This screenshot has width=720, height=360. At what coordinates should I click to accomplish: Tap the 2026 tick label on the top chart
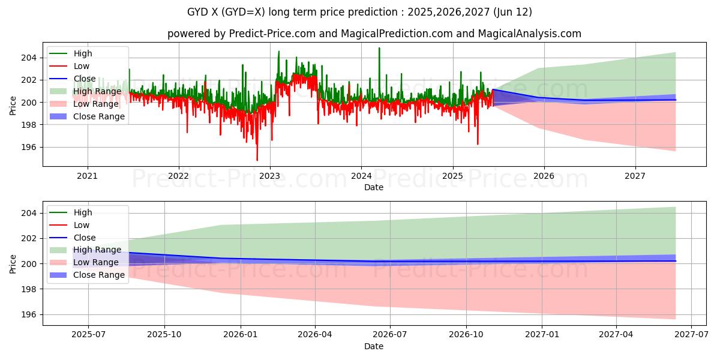click(x=544, y=176)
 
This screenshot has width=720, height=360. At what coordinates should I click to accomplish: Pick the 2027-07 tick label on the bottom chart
click(x=691, y=335)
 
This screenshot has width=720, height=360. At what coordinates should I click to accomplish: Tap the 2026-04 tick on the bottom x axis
click(x=315, y=335)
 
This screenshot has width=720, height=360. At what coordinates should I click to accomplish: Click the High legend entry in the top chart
click(x=82, y=53)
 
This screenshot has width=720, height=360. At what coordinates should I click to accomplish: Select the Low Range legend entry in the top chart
click(x=95, y=104)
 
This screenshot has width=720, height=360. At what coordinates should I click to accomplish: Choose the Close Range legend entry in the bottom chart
click(x=98, y=275)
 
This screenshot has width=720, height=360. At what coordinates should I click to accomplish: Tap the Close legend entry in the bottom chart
click(x=84, y=238)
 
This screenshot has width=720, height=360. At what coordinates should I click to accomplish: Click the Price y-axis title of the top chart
click(x=13, y=106)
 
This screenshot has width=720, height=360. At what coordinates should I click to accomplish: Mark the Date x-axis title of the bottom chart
click(x=373, y=346)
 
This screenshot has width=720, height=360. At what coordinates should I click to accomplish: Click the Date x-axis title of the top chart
click(x=373, y=187)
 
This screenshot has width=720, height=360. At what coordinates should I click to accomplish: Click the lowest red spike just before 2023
click(x=257, y=160)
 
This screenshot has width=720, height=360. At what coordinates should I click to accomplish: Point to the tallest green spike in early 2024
click(x=379, y=48)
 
